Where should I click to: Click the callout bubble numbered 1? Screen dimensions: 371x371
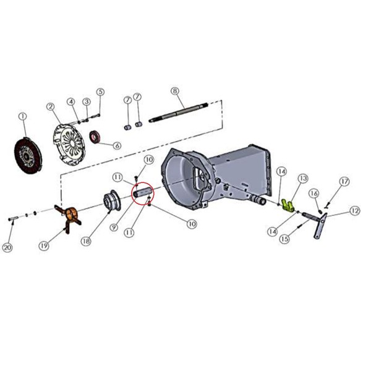23,116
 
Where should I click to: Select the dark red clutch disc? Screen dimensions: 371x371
28,155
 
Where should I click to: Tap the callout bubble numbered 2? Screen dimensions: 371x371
51,107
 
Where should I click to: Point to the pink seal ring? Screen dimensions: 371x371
95,137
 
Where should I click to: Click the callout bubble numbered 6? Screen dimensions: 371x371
117,146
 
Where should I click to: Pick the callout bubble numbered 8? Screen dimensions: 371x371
175,91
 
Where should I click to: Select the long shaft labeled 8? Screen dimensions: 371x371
179,113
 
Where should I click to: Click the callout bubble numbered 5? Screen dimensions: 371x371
100,92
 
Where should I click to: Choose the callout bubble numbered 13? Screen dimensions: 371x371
304,179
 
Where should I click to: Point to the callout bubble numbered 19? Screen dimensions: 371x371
44,246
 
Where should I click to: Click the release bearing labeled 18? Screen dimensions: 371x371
113,200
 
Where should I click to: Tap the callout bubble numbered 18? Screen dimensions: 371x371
86,241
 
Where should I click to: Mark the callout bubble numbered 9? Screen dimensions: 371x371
114,228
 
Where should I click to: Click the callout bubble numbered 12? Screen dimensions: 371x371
355,211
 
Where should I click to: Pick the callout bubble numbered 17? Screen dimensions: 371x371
344,182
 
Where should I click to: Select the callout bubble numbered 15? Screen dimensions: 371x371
284,239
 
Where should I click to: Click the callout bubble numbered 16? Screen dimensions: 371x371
313,194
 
